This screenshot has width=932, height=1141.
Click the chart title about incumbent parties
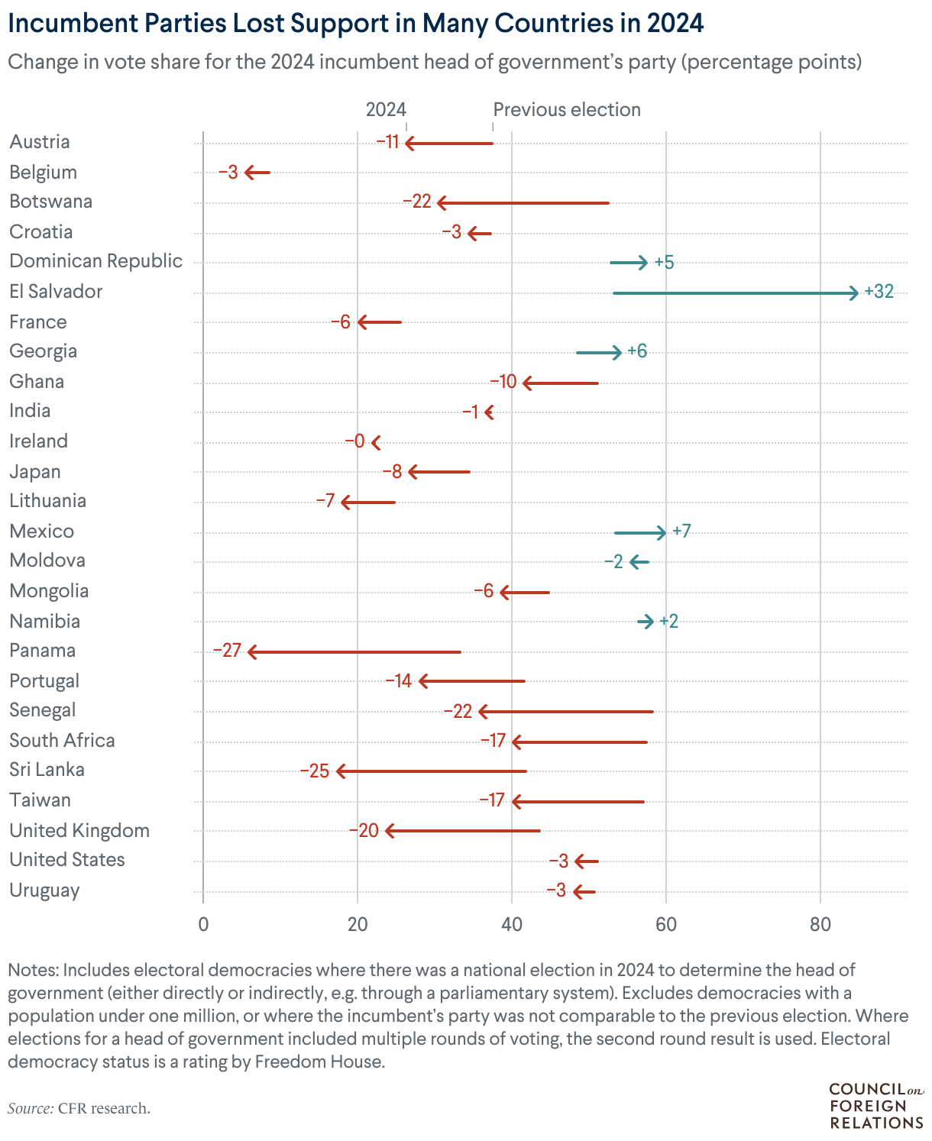355,24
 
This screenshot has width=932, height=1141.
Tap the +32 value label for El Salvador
879,292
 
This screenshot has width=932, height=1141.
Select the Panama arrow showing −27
354,651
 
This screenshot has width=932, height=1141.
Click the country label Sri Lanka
47,769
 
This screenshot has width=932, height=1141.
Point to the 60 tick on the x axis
666,924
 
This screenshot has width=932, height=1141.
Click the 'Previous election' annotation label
567,110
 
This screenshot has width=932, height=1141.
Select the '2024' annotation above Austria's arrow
386,110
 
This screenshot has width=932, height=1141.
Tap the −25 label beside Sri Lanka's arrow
315,771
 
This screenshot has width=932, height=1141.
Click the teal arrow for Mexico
639,532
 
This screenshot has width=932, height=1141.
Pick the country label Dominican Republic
96,261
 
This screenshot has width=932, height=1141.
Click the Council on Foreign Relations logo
876,1105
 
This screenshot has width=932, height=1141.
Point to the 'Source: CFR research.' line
79,1108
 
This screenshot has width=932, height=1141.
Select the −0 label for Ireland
354,441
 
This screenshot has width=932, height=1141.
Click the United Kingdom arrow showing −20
463,831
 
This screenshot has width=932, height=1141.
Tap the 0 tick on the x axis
203,924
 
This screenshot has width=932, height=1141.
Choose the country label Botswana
51,202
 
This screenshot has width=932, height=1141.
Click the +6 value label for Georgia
637,351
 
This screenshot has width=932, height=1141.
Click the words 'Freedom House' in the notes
319,1062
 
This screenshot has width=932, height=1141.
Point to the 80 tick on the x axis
820,924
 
